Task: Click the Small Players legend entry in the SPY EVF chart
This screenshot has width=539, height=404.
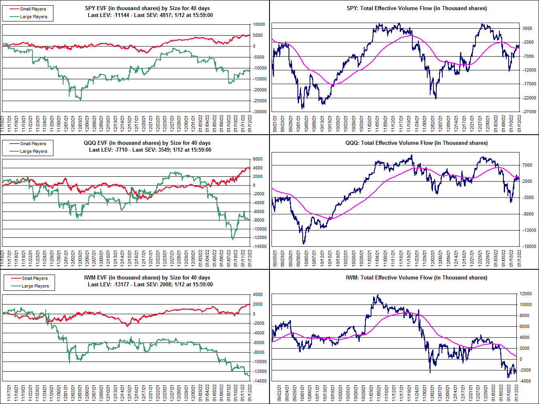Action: tap(33, 9)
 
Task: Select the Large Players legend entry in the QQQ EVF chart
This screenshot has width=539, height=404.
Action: tap(34, 151)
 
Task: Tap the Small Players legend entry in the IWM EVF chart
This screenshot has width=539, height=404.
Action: tap(34, 278)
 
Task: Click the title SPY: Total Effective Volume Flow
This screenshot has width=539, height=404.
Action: tap(417, 8)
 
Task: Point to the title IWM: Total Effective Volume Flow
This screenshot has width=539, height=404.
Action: tap(416, 277)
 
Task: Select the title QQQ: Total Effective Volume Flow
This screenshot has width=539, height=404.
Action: tap(416, 143)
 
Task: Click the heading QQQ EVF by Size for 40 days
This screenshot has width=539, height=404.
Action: tap(147, 143)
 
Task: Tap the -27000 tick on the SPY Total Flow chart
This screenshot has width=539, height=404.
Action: tap(527, 112)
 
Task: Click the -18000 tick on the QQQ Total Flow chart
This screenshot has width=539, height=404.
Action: tap(527, 246)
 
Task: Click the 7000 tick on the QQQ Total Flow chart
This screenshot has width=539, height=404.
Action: tap(527, 165)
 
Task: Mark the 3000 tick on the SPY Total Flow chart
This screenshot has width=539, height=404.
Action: tap(527, 28)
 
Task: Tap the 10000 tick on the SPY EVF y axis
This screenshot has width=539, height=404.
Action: tap(259, 24)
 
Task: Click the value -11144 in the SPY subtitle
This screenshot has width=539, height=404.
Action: tap(122, 15)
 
